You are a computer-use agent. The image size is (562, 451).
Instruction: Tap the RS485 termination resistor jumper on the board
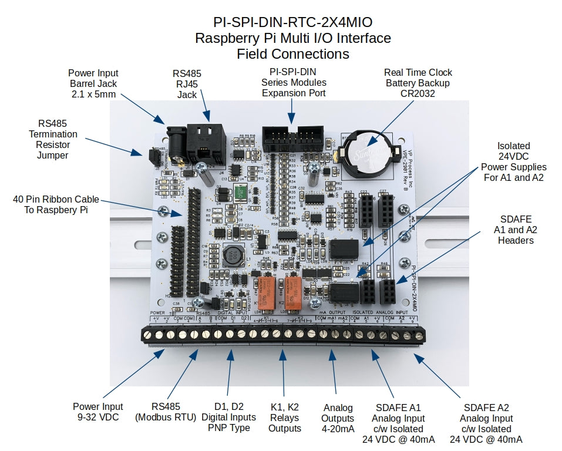(150, 156)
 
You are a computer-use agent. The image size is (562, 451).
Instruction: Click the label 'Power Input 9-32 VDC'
(98, 412)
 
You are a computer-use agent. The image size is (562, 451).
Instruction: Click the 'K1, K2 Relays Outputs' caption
(285, 418)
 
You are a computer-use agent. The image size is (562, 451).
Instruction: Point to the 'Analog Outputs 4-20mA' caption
(338, 418)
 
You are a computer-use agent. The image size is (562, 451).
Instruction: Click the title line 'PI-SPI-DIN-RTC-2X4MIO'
(292, 23)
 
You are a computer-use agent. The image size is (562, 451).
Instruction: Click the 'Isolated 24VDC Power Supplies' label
(513, 161)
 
